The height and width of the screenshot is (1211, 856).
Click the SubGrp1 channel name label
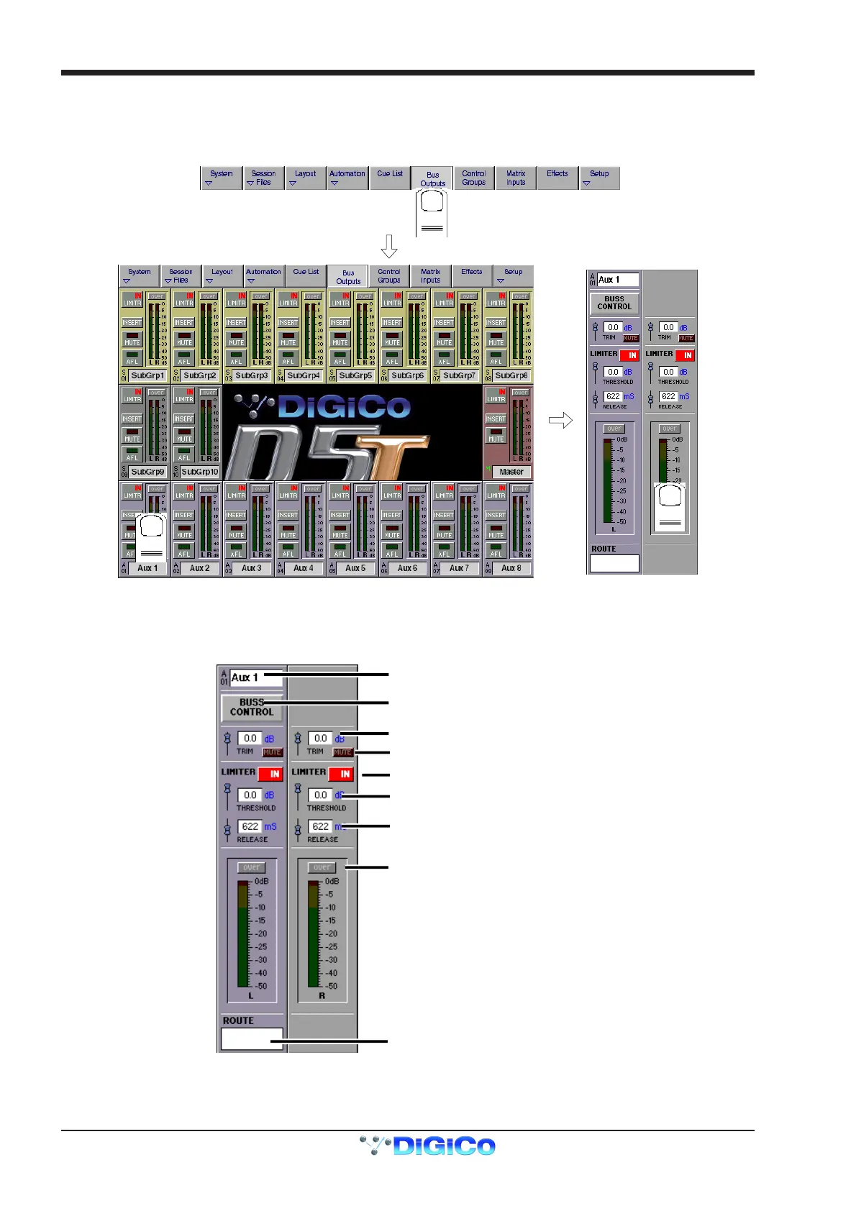[x=147, y=375]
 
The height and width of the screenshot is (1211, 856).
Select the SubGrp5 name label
[x=355, y=375]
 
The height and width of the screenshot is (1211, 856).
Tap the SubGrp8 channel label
[x=511, y=375]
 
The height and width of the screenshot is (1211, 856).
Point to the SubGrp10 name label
[x=199, y=472]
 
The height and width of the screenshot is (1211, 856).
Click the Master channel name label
[x=511, y=472]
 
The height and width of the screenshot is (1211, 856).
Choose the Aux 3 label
[x=252, y=568]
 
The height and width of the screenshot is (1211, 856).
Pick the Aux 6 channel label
[x=407, y=568]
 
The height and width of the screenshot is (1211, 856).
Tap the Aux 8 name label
[x=511, y=568]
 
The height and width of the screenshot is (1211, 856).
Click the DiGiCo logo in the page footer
[x=427, y=1146]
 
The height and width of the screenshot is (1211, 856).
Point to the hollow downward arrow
[x=389, y=247]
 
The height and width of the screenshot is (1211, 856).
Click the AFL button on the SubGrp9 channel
[x=132, y=457]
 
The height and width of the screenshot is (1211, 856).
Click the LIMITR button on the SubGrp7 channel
[x=445, y=303]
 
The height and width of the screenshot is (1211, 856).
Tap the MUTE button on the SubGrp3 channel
[x=237, y=342]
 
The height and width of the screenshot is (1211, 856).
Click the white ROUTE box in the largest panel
[x=252, y=1039]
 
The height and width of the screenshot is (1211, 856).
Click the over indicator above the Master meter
[x=520, y=393]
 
